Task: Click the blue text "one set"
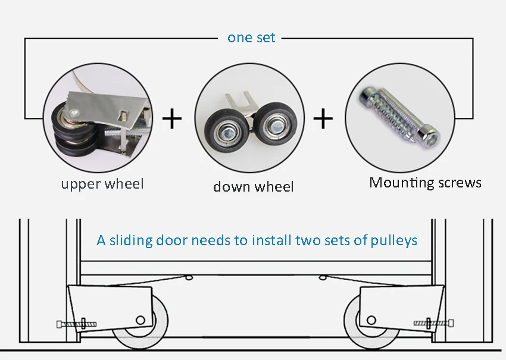click(x=251, y=37)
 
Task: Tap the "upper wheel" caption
click(x=102, y=184)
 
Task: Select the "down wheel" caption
click(x=254, y=186)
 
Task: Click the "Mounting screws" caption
click(x=425, y=183)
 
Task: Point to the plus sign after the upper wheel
click(x=172, y=118)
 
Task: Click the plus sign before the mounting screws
click(x=323, y=118)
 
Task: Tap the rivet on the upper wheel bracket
click(x=74, y=113)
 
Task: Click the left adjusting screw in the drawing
click(x=76, y=324)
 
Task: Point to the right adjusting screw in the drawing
click(x=434, y=323)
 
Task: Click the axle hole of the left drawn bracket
click(x=140, y=320)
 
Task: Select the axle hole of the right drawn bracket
click(x=371, y=320)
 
